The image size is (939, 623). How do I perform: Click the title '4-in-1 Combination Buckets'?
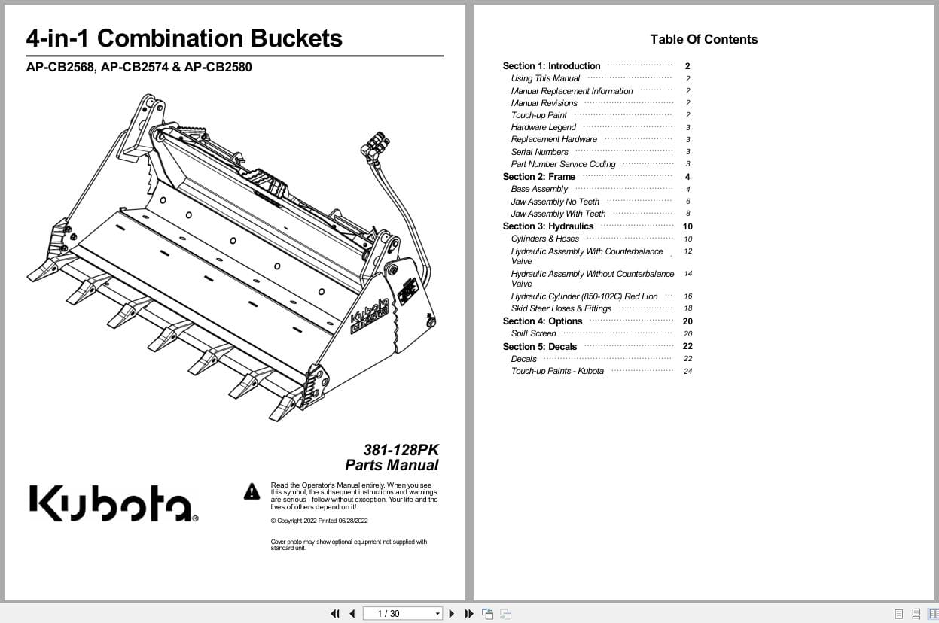[x=184, y=38]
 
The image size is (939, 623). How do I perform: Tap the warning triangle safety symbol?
[x=252, y=492]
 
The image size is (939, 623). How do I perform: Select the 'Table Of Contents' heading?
[x=703, y=40]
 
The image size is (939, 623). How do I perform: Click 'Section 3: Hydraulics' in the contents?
[x=547, y=226]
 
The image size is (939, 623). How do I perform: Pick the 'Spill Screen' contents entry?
[x=533, y=333]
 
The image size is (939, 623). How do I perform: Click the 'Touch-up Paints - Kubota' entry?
[x=557, y=371]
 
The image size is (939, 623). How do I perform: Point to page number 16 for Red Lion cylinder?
[x=687, y=296]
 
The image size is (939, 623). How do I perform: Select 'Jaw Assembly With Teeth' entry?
[x=558, y=214]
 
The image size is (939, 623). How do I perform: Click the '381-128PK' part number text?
[x=401, y=450]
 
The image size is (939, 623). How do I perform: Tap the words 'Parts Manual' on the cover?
[x=392, y=466]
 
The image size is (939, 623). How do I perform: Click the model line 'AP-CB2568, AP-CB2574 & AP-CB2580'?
[x=139, y=68]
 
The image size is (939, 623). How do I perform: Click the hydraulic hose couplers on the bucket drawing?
[x=374, y=142]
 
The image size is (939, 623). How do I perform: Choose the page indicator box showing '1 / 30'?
[x=401, y=614]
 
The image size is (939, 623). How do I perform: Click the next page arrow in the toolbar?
[x=452, y=614]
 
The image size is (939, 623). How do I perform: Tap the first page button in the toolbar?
[x=335, y=614]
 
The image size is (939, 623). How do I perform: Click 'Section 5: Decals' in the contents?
[x=539, y=347]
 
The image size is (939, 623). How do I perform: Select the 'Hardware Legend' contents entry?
[x=543, y=128]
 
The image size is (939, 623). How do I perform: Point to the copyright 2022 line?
[x=319, y=521]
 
